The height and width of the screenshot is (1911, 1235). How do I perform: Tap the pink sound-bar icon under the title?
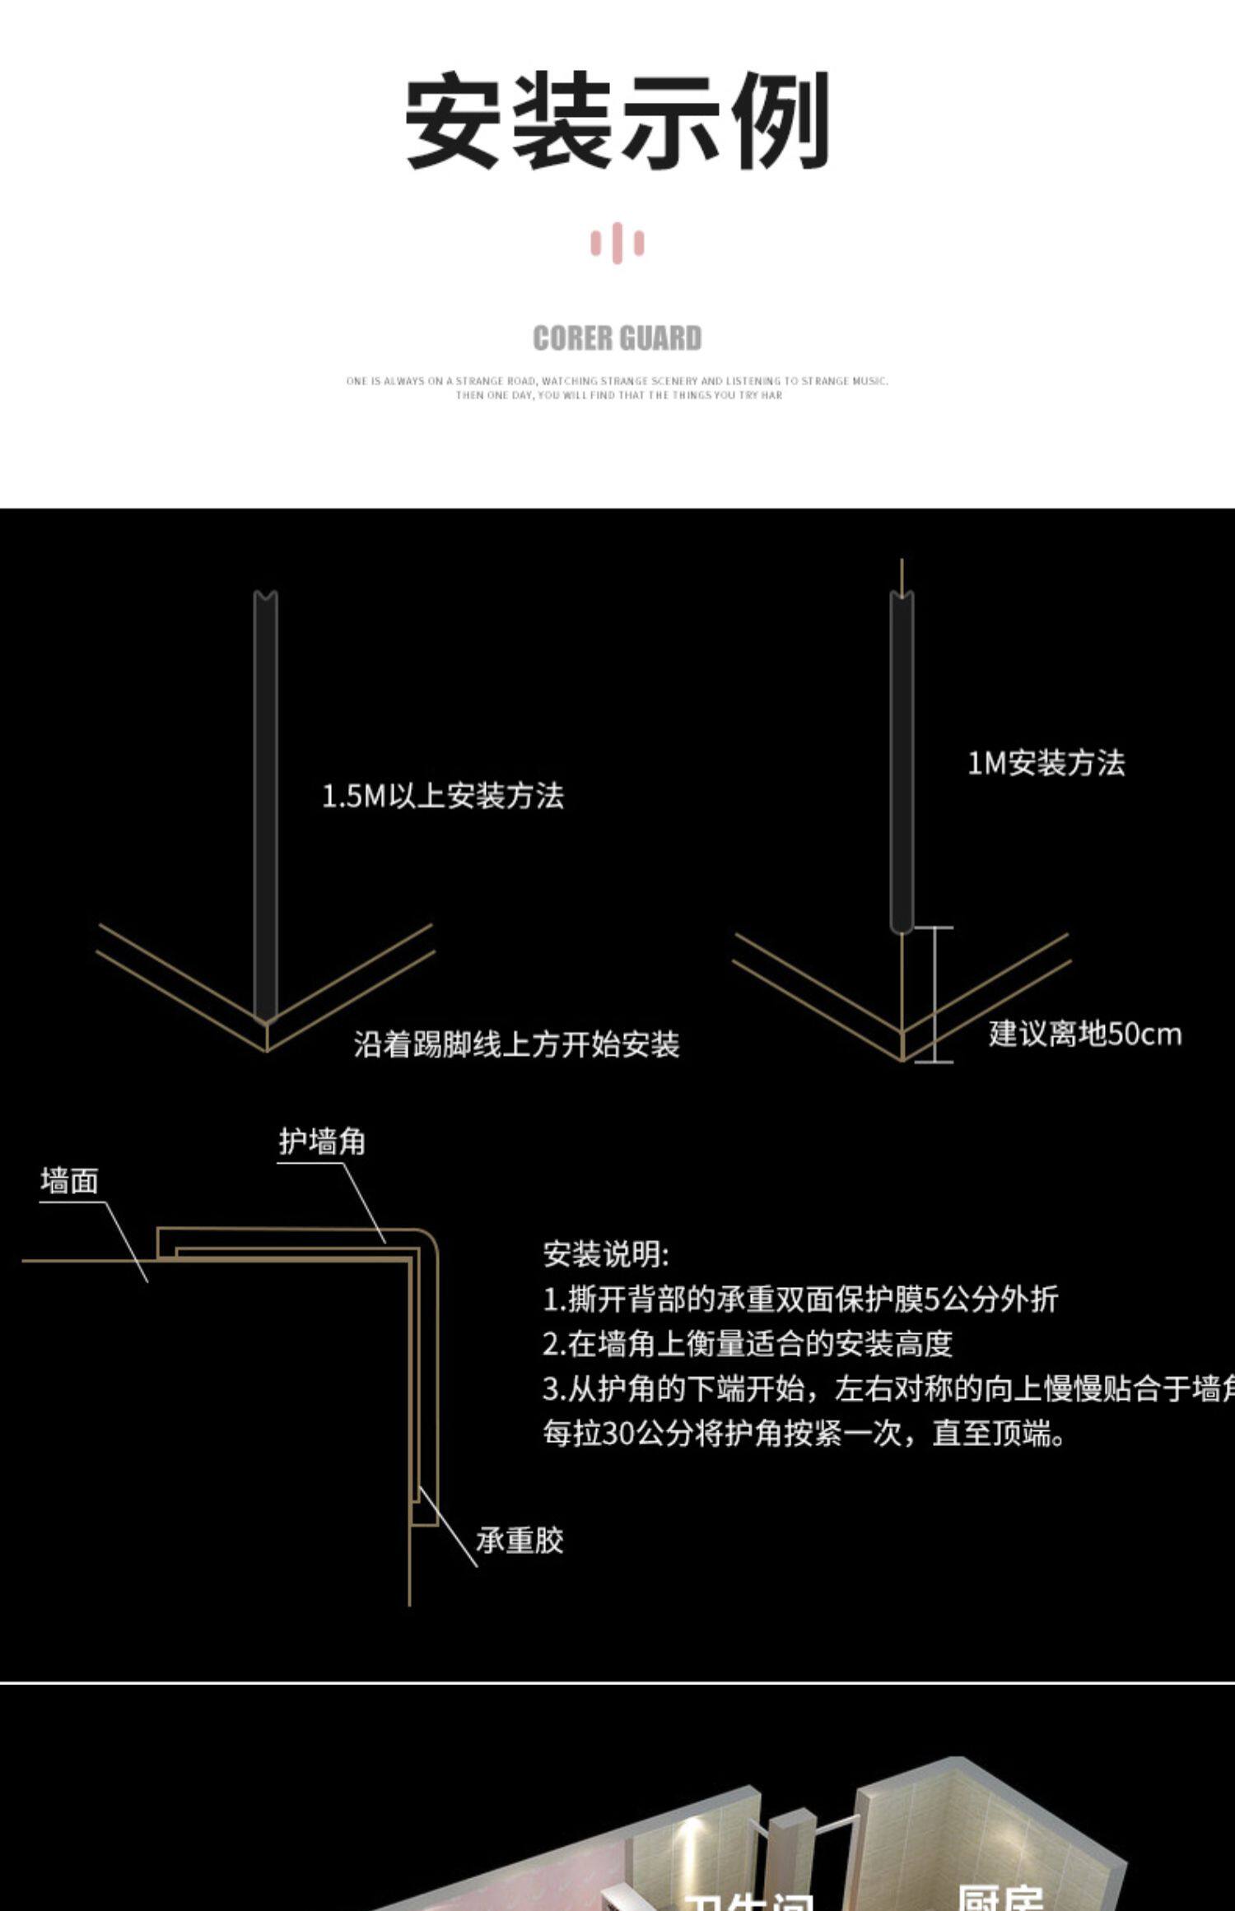617,244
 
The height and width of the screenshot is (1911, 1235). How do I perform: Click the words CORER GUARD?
617,338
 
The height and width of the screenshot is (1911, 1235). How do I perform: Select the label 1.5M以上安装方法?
442,796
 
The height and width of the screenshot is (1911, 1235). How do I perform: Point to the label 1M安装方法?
1046,763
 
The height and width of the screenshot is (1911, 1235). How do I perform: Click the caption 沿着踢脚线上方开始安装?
516,1044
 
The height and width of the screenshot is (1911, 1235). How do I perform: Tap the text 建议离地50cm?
1084,1034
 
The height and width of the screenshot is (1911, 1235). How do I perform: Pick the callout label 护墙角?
321,1141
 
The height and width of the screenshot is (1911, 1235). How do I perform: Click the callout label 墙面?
70,1181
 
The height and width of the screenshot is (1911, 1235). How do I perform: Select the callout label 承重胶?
520,1540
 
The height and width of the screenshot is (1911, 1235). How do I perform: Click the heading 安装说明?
606,1254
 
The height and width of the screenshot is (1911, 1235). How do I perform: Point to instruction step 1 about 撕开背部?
799,1299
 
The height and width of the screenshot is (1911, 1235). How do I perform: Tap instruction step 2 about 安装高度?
747,1344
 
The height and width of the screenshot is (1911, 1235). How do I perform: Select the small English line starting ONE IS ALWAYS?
617,381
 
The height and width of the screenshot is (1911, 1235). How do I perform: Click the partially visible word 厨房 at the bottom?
1000,1897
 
